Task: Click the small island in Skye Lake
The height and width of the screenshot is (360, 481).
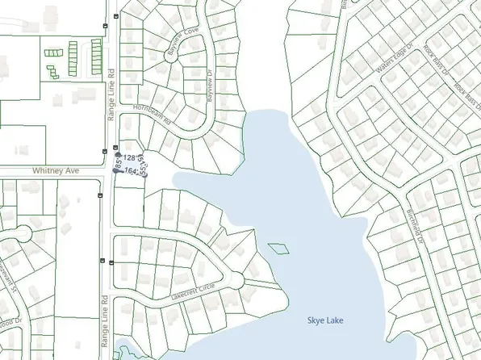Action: click(277, 247)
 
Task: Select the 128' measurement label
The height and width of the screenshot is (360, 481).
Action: click(131, 156)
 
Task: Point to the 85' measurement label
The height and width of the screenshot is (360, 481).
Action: click(119, 166)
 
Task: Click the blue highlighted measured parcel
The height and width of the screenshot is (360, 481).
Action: click(132, 164)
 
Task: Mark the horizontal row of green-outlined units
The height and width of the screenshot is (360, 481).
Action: click(56, 52)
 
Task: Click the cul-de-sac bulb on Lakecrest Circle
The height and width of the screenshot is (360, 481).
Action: click(238, 278)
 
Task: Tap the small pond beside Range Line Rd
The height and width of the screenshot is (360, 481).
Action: click(124, 352)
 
